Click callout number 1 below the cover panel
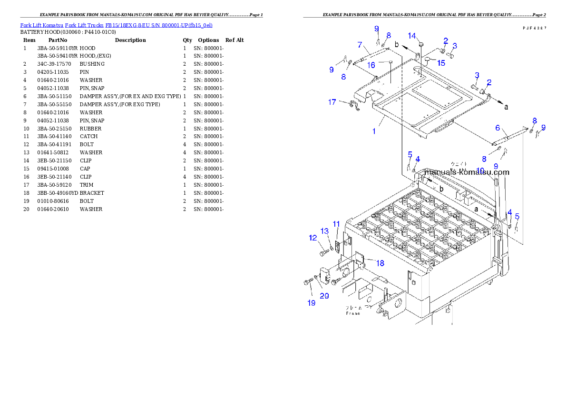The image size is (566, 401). point(374,131)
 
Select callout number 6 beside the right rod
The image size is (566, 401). point(498,128)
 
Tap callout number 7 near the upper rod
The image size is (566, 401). point(360,45)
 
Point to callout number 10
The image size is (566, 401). point(480,170)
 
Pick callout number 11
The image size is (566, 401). point(336,224)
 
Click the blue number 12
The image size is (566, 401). point(312,238)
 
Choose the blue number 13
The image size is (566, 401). point(325,231)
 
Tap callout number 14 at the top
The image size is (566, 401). point(412,36)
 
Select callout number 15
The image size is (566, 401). point(441,62)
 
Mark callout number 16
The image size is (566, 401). point(371,65)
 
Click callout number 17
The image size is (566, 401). point(332,102)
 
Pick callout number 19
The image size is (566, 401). point(312,303)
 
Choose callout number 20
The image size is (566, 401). point(324,296)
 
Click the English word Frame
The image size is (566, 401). point(352,313)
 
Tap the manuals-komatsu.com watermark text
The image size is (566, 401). point(468,172)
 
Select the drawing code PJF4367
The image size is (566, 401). point(535,28)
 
